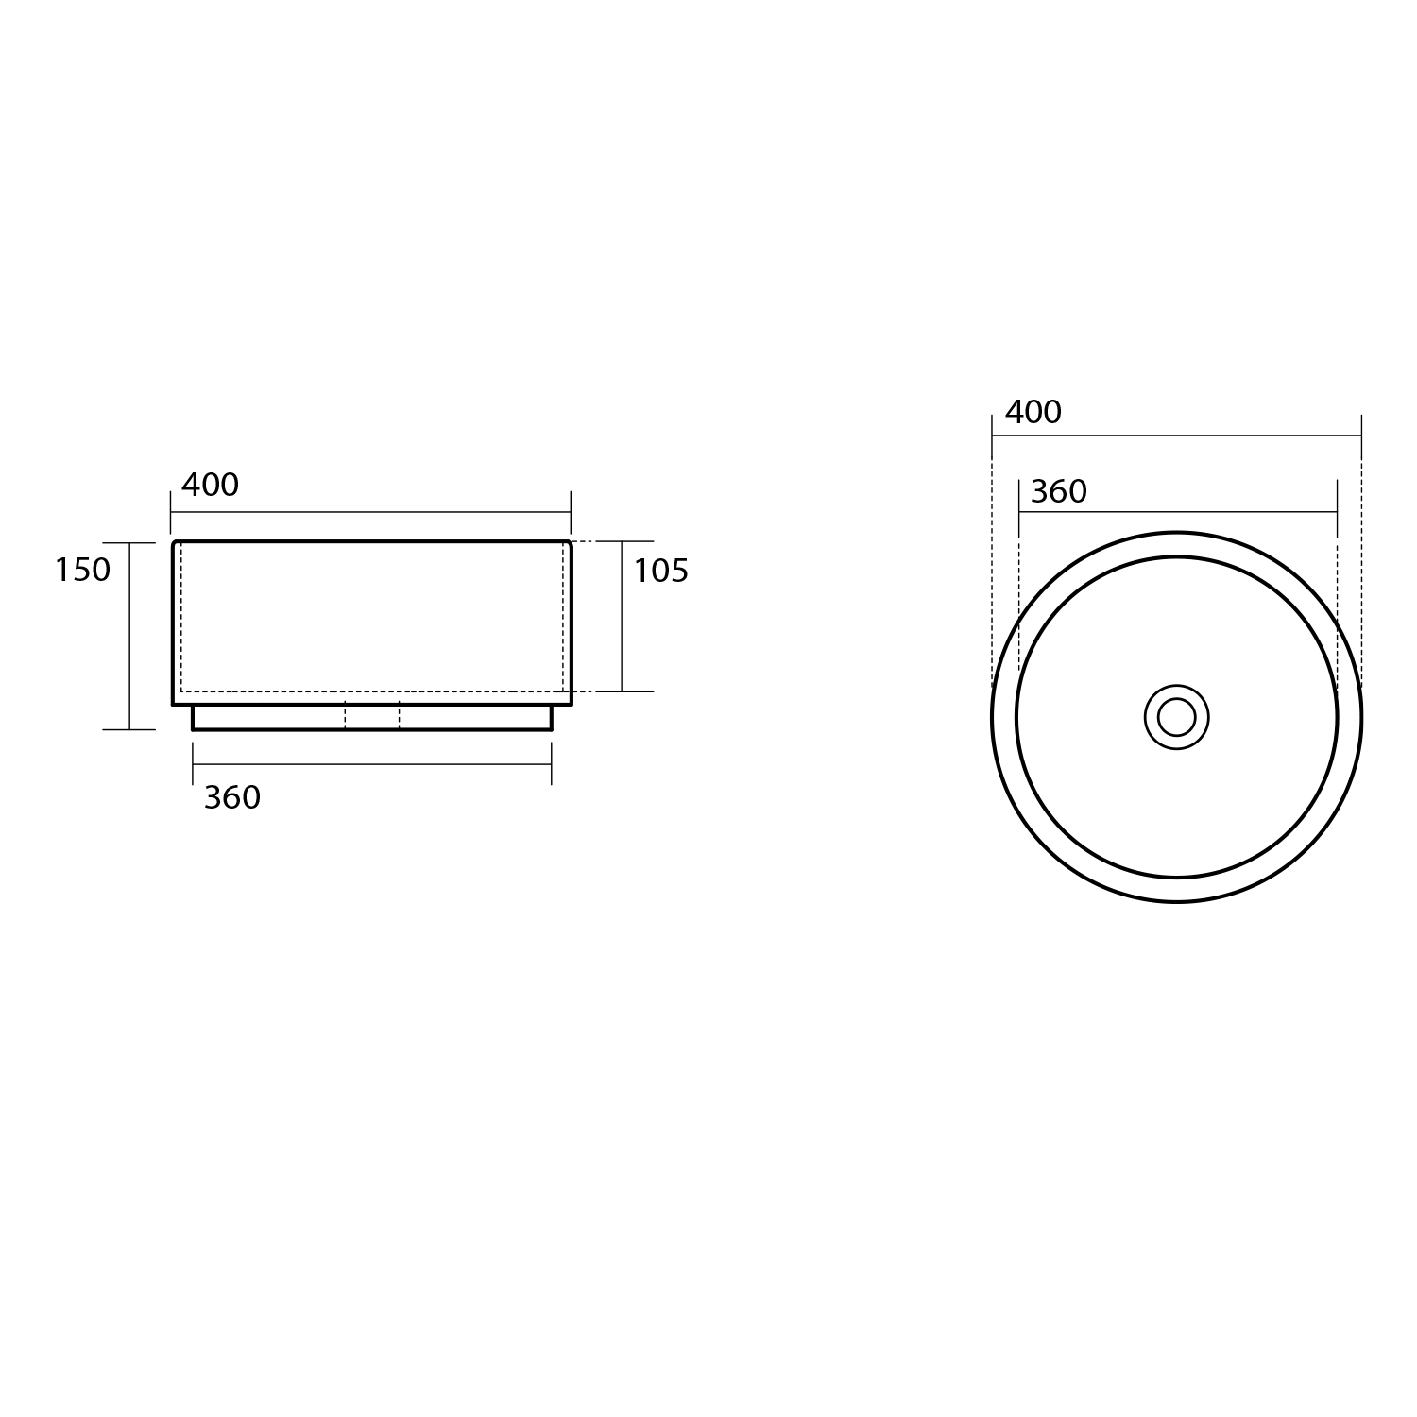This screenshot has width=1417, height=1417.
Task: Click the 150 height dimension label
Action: pyautogui.click(x=82, y=570)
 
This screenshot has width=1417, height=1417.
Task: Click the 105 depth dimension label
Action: pyautogui.click(x=660, y=571)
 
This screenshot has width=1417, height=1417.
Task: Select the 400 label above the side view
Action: pyautogui.click(x=210, y=485)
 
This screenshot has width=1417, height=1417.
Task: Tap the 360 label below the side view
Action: pyautogui.click(x=232, y=798)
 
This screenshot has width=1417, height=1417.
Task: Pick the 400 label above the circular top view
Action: pyautogui.click(x=1033, y=412)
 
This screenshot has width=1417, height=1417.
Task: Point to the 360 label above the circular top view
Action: pyautogui.click(x=1059, y=491)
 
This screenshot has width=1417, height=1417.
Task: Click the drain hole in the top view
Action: pyautogui.click(x=1176, y=717)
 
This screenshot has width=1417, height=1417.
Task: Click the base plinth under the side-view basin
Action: pyautogui.click(x=372, y=717)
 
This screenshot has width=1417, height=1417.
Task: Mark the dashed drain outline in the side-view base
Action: pyautogui.click(x=372, y=716)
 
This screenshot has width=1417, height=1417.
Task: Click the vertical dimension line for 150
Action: pyautogui.click(x=129, y=636)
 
